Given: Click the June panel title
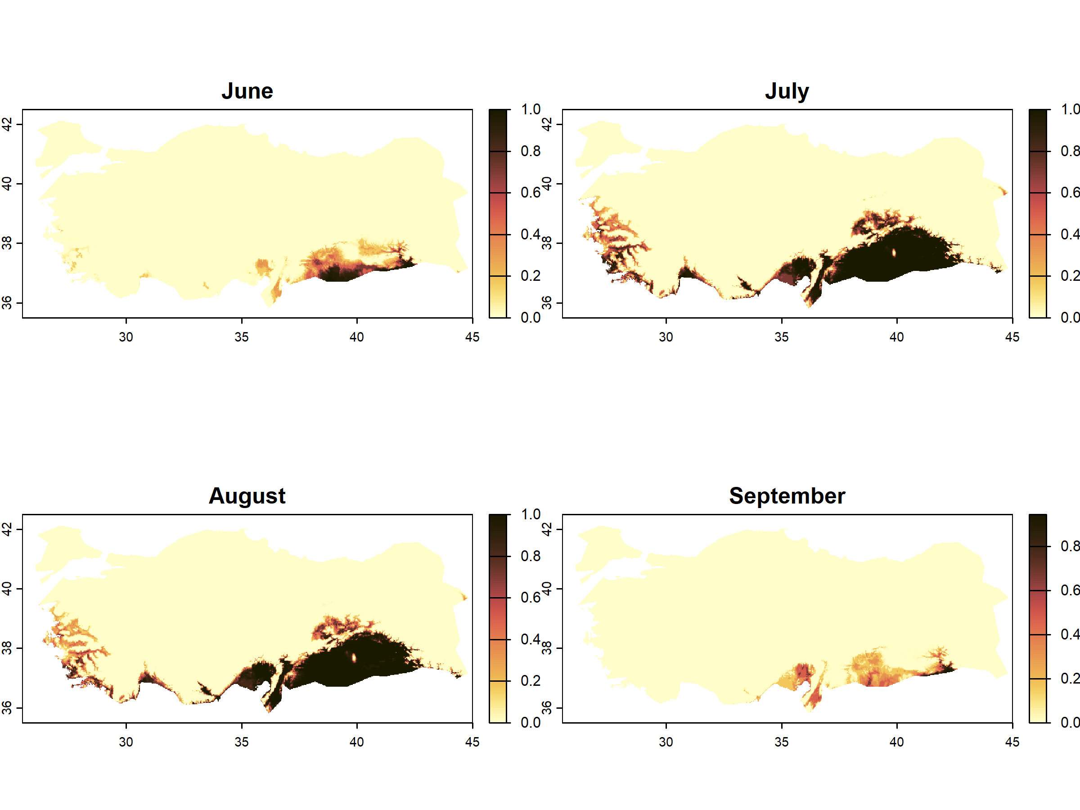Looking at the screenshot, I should [247, 91].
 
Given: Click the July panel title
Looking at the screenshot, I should [787, 91].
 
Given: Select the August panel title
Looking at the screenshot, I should [247, 496].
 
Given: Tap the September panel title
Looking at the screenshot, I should [787, 496].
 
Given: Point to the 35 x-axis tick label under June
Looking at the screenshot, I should [241, 337].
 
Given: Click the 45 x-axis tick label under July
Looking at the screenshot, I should [1012, 337].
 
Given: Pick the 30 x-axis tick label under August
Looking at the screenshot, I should [126, 742].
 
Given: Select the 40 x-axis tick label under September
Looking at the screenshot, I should [896, 742].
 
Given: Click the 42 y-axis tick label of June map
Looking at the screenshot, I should [7, 125].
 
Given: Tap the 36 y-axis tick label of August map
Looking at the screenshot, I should [7, 707].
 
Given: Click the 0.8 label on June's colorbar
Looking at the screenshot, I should [530, 151].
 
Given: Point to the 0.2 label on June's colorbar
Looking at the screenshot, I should [530, 276].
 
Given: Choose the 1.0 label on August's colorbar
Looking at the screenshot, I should [530, 515].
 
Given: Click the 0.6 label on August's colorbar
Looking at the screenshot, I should [530, 598].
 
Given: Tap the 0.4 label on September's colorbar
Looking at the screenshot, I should [1070, 634].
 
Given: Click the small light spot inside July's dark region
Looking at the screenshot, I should [894, 252].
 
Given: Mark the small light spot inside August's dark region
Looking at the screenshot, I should [354, 657].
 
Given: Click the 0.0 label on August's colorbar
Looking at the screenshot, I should [530, 723].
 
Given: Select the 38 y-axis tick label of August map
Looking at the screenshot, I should [7, 648].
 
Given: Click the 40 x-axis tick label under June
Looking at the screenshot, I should [356, 337].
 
